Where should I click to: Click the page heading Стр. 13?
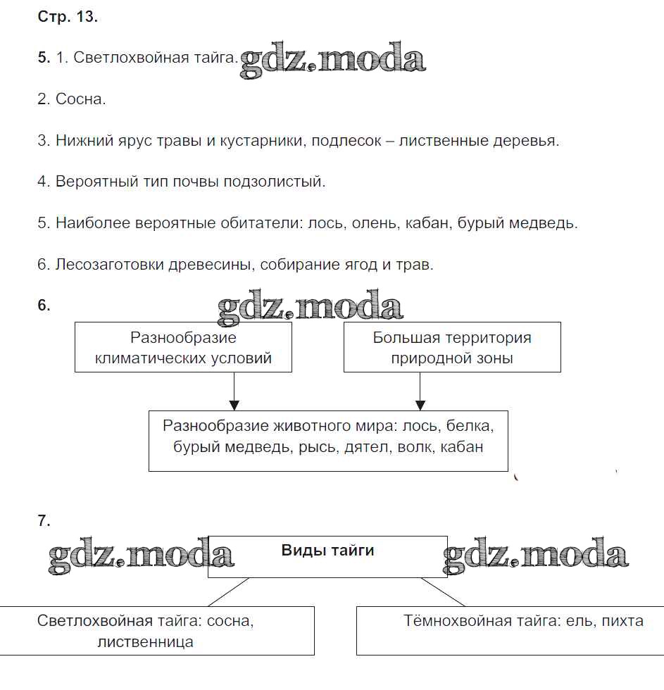[x=68, y=18]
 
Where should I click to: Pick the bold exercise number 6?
[x=44, y=306]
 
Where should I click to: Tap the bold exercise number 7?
[x=44, y=521]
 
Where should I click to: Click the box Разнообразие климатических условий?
[x=183, y=347]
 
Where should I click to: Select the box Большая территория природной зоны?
[x=452, y=347]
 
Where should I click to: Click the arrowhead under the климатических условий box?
[x=234, y=405]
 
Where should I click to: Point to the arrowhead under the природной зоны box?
[x=420, y=405]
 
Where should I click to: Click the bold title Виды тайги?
[x=327, y=551]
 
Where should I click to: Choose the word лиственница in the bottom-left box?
[x=146, y=642]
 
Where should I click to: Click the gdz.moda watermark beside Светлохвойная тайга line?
[x=332, y=62]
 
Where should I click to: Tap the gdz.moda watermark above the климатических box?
[x=310, y=308]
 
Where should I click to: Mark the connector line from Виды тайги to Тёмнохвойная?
[x=443, y=591]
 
